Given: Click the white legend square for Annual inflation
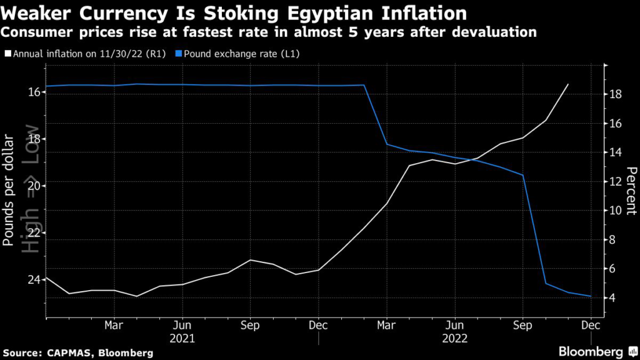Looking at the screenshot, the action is point(7,54).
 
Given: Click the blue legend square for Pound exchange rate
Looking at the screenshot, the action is point(178,54).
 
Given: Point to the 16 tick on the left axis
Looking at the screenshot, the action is point(35,92).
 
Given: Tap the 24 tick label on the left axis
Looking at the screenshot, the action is point(35,279).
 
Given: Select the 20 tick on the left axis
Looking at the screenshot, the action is point(35,186).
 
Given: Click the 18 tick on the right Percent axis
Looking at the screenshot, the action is point(615,94).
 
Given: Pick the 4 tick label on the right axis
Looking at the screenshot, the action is point(612,297).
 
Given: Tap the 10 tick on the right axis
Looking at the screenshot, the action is point(615,211).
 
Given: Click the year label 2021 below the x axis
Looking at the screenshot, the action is point(182,339).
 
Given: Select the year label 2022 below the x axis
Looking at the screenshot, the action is point(455,339).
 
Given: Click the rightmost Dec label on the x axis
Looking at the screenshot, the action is point(591,325).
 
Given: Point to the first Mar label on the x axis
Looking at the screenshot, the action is point(114,325).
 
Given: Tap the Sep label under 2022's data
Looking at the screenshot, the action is point(522,325).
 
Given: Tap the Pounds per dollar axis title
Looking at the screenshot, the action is point(8,190).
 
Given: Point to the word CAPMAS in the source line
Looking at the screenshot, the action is point(70,353).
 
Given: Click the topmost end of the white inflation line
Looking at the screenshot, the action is point(568,84).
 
